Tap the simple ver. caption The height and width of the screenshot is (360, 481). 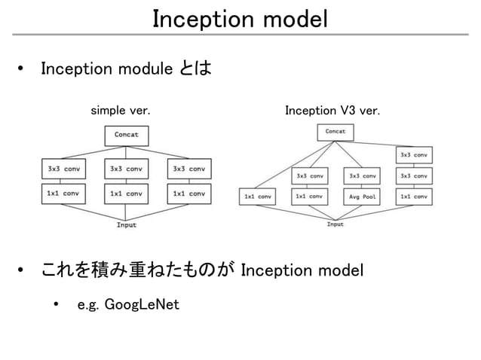click(120, 111)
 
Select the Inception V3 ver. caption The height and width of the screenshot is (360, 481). click(332, 111)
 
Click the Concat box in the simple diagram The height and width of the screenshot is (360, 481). click(127, 135)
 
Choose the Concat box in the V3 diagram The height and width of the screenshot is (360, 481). click(335, 132)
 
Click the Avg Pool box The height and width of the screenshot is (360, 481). click(362, 197)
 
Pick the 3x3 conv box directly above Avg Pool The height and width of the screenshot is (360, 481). click(362, 176)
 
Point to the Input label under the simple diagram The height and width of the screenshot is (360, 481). click(127, 224)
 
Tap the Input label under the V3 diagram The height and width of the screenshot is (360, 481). click(335, 224)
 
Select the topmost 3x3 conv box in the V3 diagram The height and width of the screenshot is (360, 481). click(414, 155)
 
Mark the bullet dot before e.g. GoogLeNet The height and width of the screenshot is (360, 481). click(55, 305)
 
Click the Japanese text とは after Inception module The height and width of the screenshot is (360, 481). click(195, 69)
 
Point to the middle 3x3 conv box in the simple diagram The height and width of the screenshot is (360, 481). click(127, 169)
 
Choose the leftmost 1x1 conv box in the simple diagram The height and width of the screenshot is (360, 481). click(63, 194)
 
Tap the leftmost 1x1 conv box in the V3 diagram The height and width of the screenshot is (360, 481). click(257, 197)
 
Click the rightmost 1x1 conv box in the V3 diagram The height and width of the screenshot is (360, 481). click(414, 197)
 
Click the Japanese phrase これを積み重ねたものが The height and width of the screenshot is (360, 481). click(136, 270)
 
